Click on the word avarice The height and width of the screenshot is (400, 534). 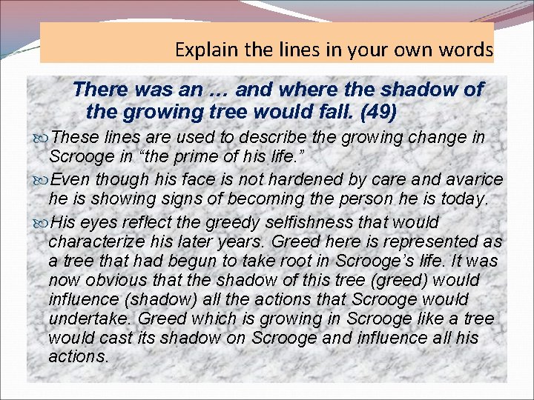click(x=476, y=180)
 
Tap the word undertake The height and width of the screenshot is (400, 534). click(x=82, y=319)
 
